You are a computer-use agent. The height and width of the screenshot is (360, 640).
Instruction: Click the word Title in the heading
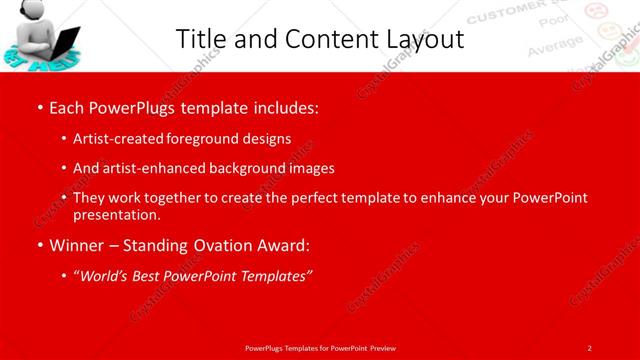[200, 39]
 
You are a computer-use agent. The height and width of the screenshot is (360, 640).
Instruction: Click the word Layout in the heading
[421, 39]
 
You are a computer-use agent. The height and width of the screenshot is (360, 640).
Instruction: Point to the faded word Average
[553, 44]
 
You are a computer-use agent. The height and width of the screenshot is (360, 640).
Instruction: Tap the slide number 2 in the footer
[589, 347]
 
